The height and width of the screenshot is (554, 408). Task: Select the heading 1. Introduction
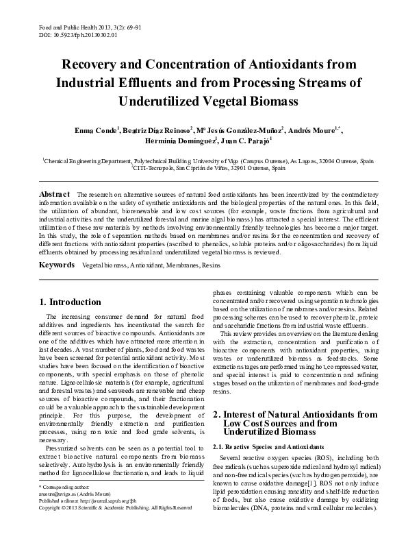click(x=71, y=302)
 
